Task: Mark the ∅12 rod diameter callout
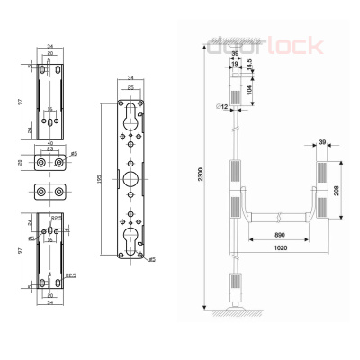(220, 107)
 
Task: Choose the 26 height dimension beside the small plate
(22, 164)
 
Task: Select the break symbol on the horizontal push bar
(283, 217)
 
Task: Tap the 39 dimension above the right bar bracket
(322, 142)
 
